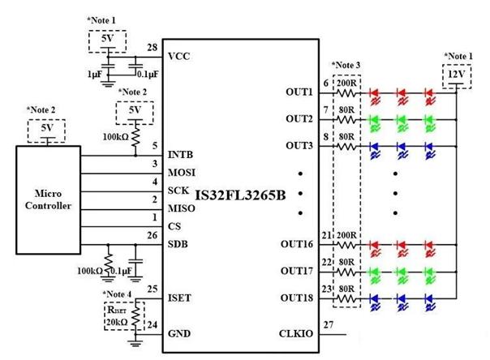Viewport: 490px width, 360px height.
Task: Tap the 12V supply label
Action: coord(455,75)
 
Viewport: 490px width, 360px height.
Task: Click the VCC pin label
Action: coord(179,57)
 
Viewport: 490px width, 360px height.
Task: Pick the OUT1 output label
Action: coord(299,92)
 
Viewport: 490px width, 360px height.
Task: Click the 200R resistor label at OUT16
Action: coord(347,235)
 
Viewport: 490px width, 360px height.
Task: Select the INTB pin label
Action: coord(179,154)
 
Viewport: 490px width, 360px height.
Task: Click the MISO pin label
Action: coord(180,208)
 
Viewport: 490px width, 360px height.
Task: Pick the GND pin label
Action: coord(178,333)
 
